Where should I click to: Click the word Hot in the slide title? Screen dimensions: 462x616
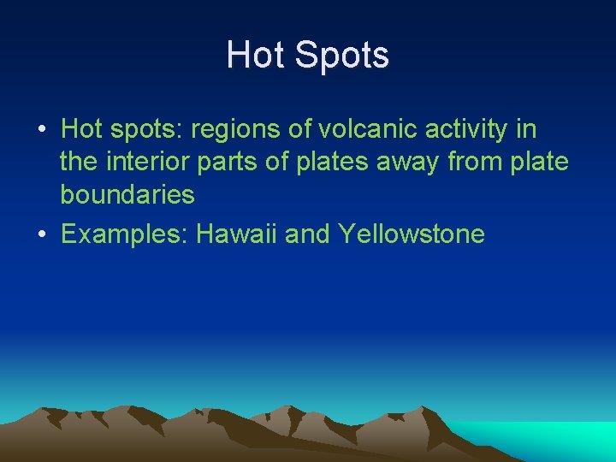(x=255, y=56)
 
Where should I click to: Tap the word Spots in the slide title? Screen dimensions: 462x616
(x=341, y=56)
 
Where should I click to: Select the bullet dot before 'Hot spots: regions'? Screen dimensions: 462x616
(x=42, y=131)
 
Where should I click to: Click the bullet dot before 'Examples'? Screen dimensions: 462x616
(x=42, y=234)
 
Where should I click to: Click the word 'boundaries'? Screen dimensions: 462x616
(x=127, y=195)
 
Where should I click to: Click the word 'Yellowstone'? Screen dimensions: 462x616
(x=412, y=234)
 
